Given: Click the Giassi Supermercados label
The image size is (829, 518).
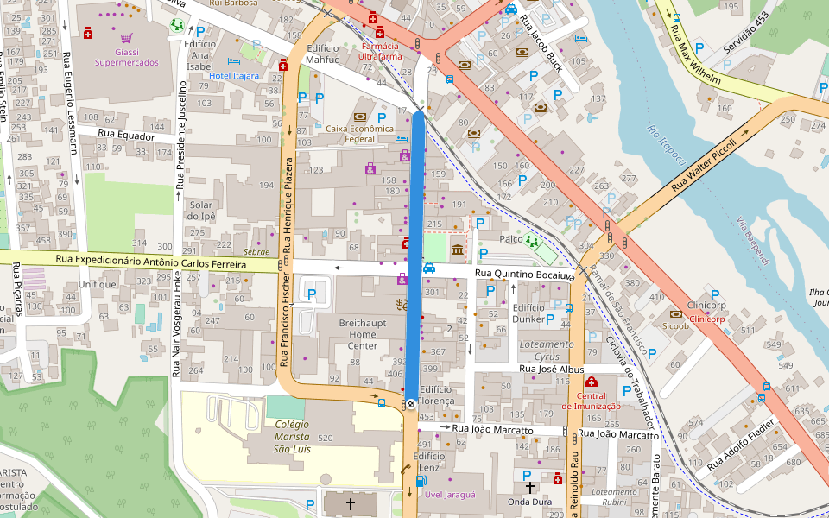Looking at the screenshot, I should [x=126, y=57].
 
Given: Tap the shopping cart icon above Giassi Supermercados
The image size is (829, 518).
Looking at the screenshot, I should [x=127, y=38].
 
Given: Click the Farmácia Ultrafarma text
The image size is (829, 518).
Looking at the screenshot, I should [x=381, y=50].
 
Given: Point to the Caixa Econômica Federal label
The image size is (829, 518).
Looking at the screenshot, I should [x=359, y=133].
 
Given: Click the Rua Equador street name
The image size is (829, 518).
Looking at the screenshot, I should [x=126, y=136].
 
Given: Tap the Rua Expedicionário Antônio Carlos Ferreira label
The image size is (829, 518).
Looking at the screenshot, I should [x=144, y=260].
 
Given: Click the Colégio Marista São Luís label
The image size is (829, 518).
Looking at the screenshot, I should [x=291, y=436].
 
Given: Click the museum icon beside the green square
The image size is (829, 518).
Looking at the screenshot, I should [x=457, y=250].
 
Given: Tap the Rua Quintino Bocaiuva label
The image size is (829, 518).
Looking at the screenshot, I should [x=525, y=275].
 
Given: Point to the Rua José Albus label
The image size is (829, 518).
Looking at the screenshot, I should [x=552, y=369].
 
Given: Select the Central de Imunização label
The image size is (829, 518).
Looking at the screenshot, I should [x=591, y=401].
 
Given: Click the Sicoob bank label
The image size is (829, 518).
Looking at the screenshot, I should [x=675, y=327].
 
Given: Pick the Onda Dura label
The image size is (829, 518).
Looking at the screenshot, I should [x=529, y=502].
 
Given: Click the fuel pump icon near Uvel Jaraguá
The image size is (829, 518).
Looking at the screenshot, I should [x=421, y=481].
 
